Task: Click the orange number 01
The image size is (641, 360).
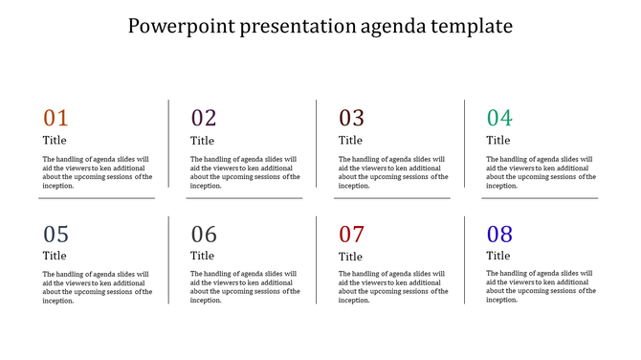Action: coord(56,119)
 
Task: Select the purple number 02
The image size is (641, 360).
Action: coord(204,119)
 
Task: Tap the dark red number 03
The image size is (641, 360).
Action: coord(352,119)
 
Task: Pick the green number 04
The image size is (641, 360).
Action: coord(499,119)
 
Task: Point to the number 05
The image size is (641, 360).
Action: coord(56,235)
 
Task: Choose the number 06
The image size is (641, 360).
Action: coord(204,235)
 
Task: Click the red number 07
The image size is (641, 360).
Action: coord(352,235)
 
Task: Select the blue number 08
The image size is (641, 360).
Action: coord(499,235)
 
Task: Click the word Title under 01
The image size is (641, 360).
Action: coord(55,141)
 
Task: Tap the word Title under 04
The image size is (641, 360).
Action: coord(498,141)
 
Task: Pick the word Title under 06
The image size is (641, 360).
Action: coord(202,256)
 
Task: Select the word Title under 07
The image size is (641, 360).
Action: coord(351,257)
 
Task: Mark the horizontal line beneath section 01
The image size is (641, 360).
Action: coord(97,198)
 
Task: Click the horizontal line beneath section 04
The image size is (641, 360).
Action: coord(540,198)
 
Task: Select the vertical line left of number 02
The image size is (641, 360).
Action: coord(169,144)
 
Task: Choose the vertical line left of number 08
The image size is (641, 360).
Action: coord(465,259)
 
